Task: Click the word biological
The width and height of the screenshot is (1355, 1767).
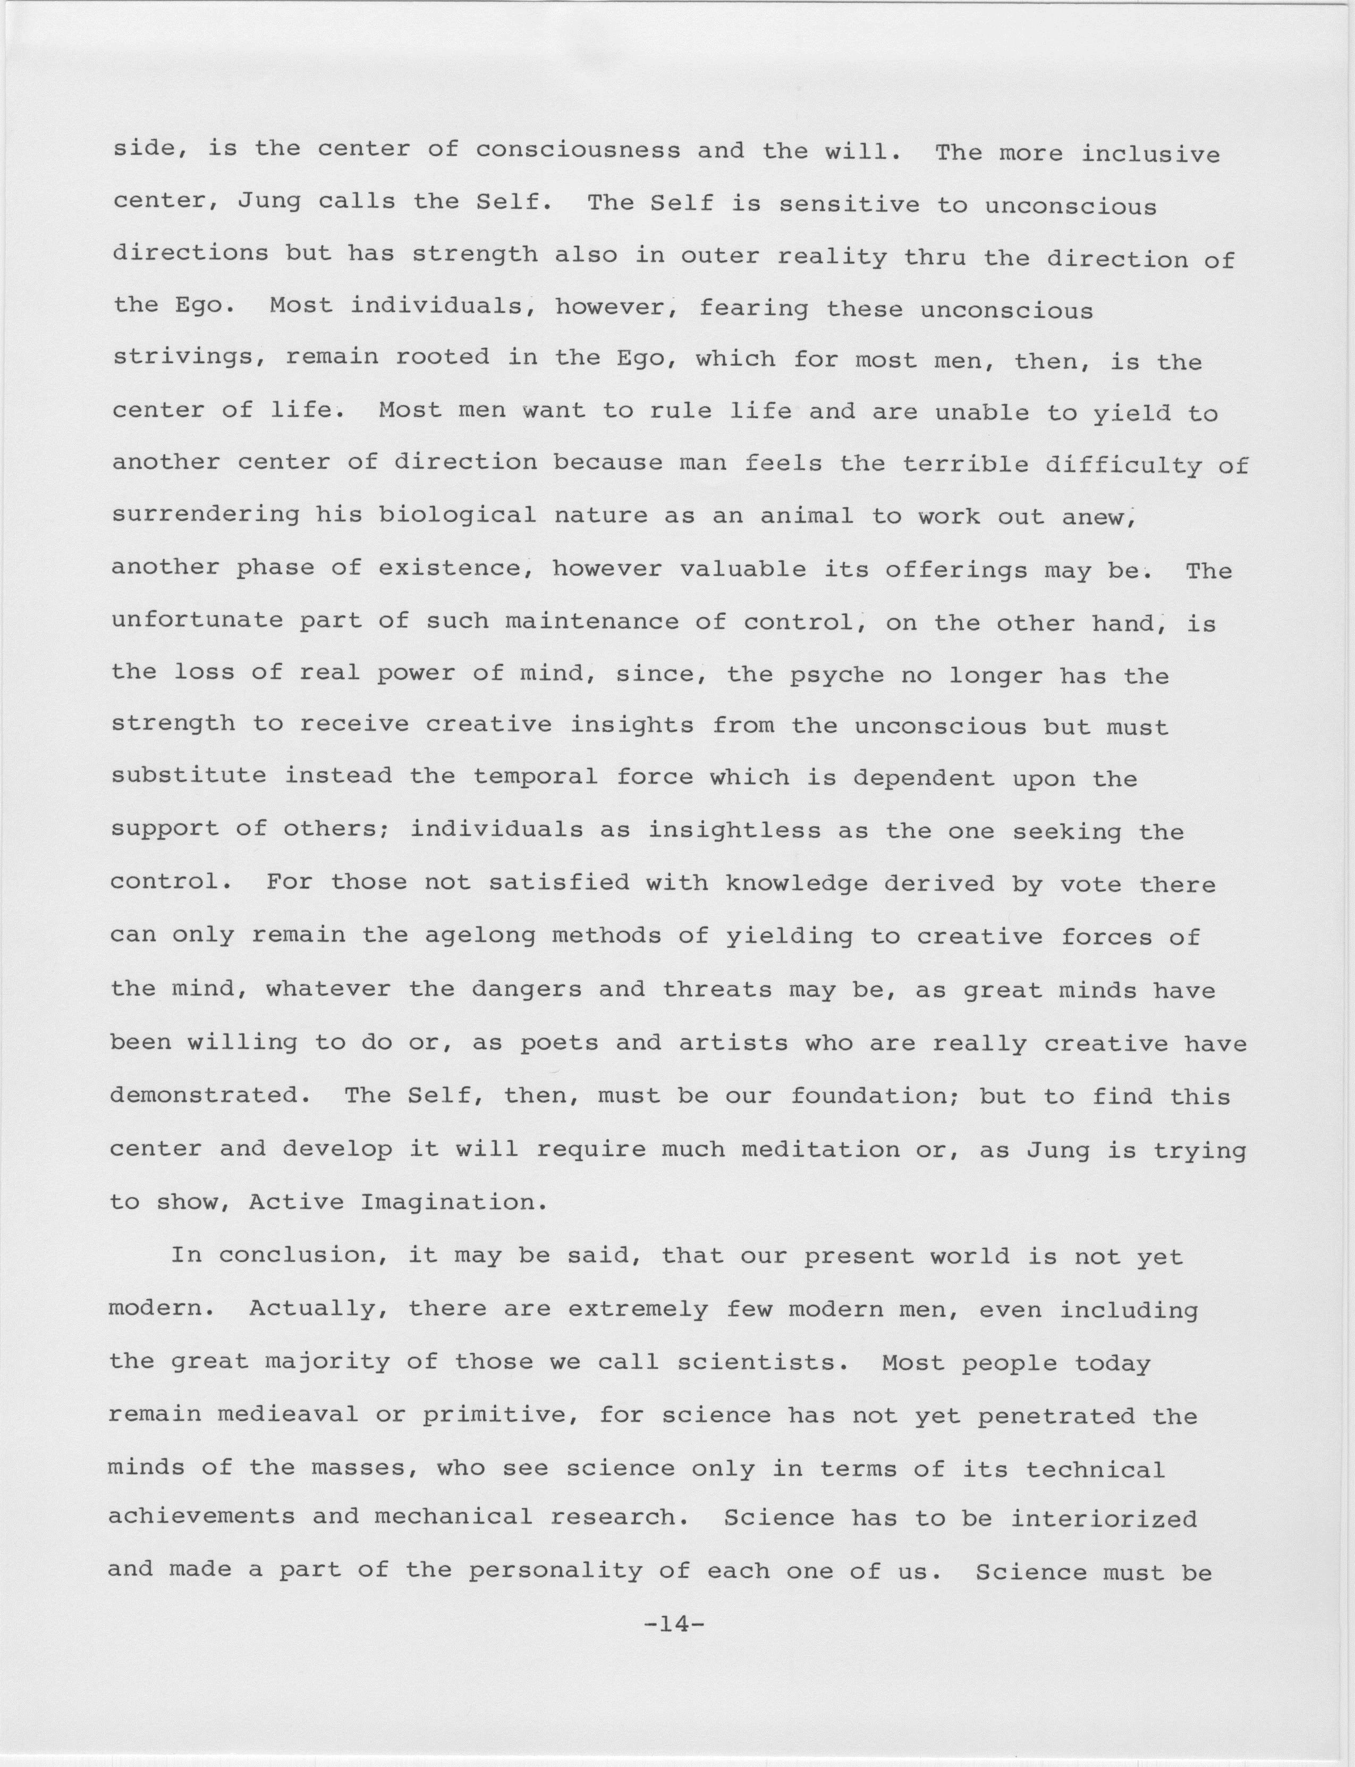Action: (x=458, y=515)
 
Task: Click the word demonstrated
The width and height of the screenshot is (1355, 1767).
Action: (x=212, y=1095)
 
